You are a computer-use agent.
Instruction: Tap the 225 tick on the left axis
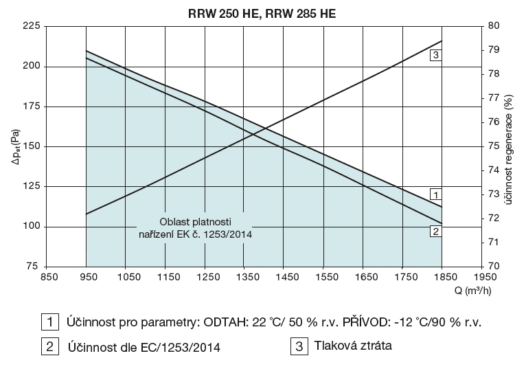coord(32,26)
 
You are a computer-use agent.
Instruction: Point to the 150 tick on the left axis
coord(32,146)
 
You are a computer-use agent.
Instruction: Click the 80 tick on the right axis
coord(494,26)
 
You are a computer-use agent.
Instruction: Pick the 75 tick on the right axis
coord(494,146)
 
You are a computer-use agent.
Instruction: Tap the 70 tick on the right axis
coord(494,266)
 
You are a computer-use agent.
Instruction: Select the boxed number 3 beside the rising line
coord(436,54)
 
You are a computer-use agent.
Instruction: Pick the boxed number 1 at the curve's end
coord(435,193)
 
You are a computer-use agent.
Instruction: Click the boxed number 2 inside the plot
coord(435,231)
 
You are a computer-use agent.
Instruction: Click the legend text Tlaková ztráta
coord(351,346)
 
